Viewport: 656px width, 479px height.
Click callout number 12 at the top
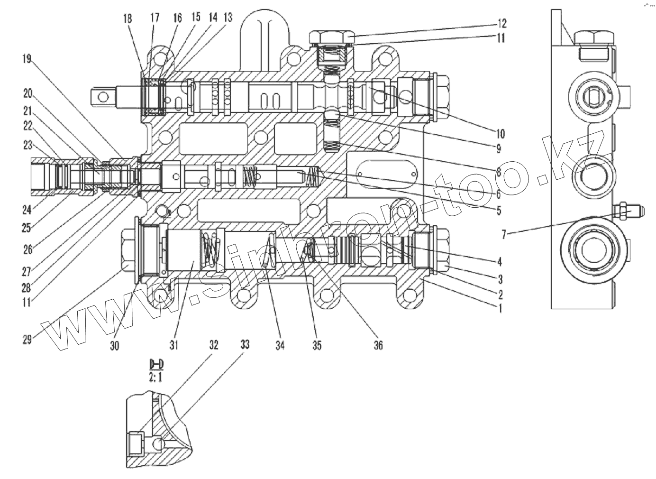coord(501,23)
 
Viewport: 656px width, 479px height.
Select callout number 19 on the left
coord(27,59)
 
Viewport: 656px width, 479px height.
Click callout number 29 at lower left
coord(27,340)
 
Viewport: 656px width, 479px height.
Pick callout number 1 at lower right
coord(498,309)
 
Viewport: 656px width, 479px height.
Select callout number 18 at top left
coord(127,18)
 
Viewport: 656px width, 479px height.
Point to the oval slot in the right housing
coord(387,173)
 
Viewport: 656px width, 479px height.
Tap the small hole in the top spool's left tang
coord(100,97)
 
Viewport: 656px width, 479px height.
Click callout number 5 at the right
coord(499,210)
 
